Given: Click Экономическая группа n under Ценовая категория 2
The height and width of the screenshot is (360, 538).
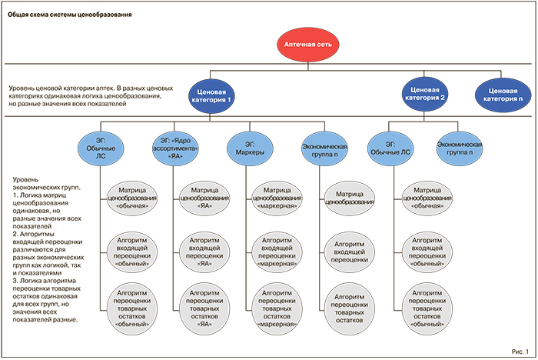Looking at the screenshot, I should click(x=459, y=148).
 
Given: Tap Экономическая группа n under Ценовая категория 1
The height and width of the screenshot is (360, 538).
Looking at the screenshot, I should click(x=325, y=149).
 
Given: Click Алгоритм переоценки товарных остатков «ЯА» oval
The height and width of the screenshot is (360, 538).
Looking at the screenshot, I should click(x=204, y=307).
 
